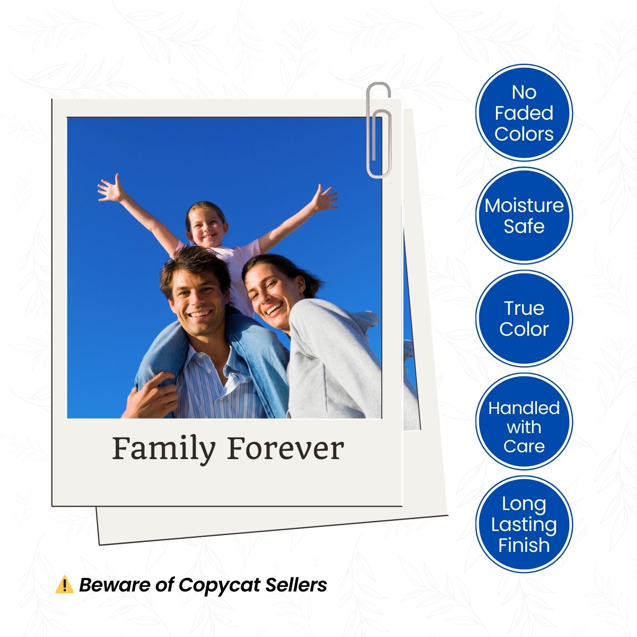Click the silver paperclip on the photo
[x=379, y=130]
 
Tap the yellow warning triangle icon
[x=64, y=585]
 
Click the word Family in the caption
[x=163, y=449]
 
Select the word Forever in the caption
[x=285, y=449]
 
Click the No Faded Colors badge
[x=524, y=113]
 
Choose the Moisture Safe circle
[x=524, y=216]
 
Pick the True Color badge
[x=524, y=318]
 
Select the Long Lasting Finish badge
[x=524, y=524]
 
